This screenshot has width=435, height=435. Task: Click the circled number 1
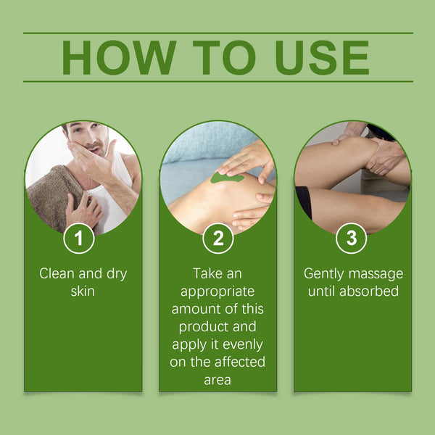(78, 239)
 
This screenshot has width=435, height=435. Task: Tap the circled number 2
(217, 239)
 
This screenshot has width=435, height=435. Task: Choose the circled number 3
(352, 239)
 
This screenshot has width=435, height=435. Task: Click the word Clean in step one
(56, 274)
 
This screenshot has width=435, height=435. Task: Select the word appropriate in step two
(217, 291)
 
